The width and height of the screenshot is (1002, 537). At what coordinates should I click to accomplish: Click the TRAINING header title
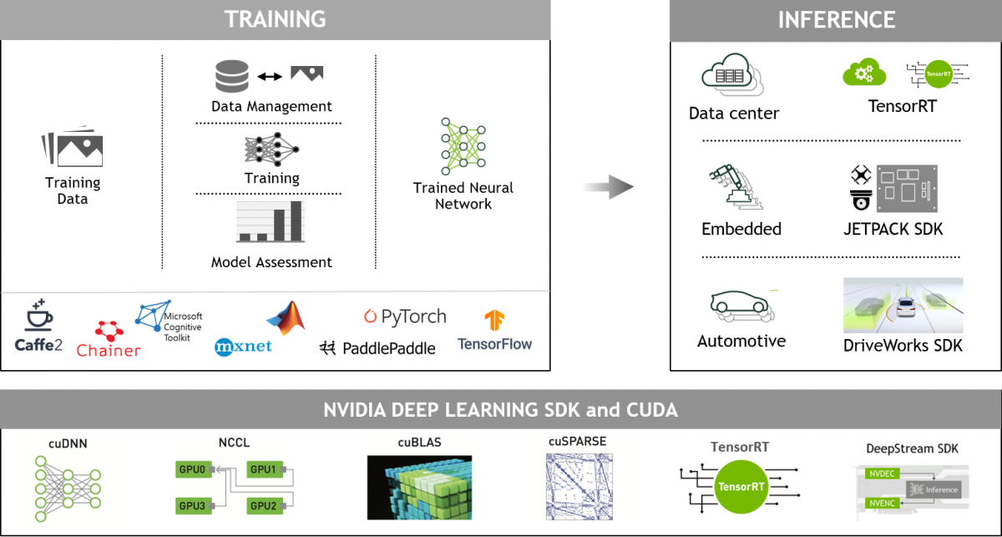[275, 19]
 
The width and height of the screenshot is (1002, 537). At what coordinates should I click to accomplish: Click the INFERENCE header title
[836, 19]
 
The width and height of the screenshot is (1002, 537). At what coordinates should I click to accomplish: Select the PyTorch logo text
[405, 317]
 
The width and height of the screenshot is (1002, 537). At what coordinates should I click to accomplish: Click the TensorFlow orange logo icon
[494, 320]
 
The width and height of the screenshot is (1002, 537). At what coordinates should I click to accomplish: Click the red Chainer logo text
[109, 351]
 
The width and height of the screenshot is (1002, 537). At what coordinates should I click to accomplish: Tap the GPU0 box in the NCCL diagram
[191, 470]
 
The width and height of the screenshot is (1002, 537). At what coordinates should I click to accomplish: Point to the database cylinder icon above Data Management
[232, 76]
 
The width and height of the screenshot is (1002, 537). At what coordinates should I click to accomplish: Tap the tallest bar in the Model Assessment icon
[295, 220]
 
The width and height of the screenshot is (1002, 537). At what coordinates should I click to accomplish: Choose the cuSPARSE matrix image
[579, 489]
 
